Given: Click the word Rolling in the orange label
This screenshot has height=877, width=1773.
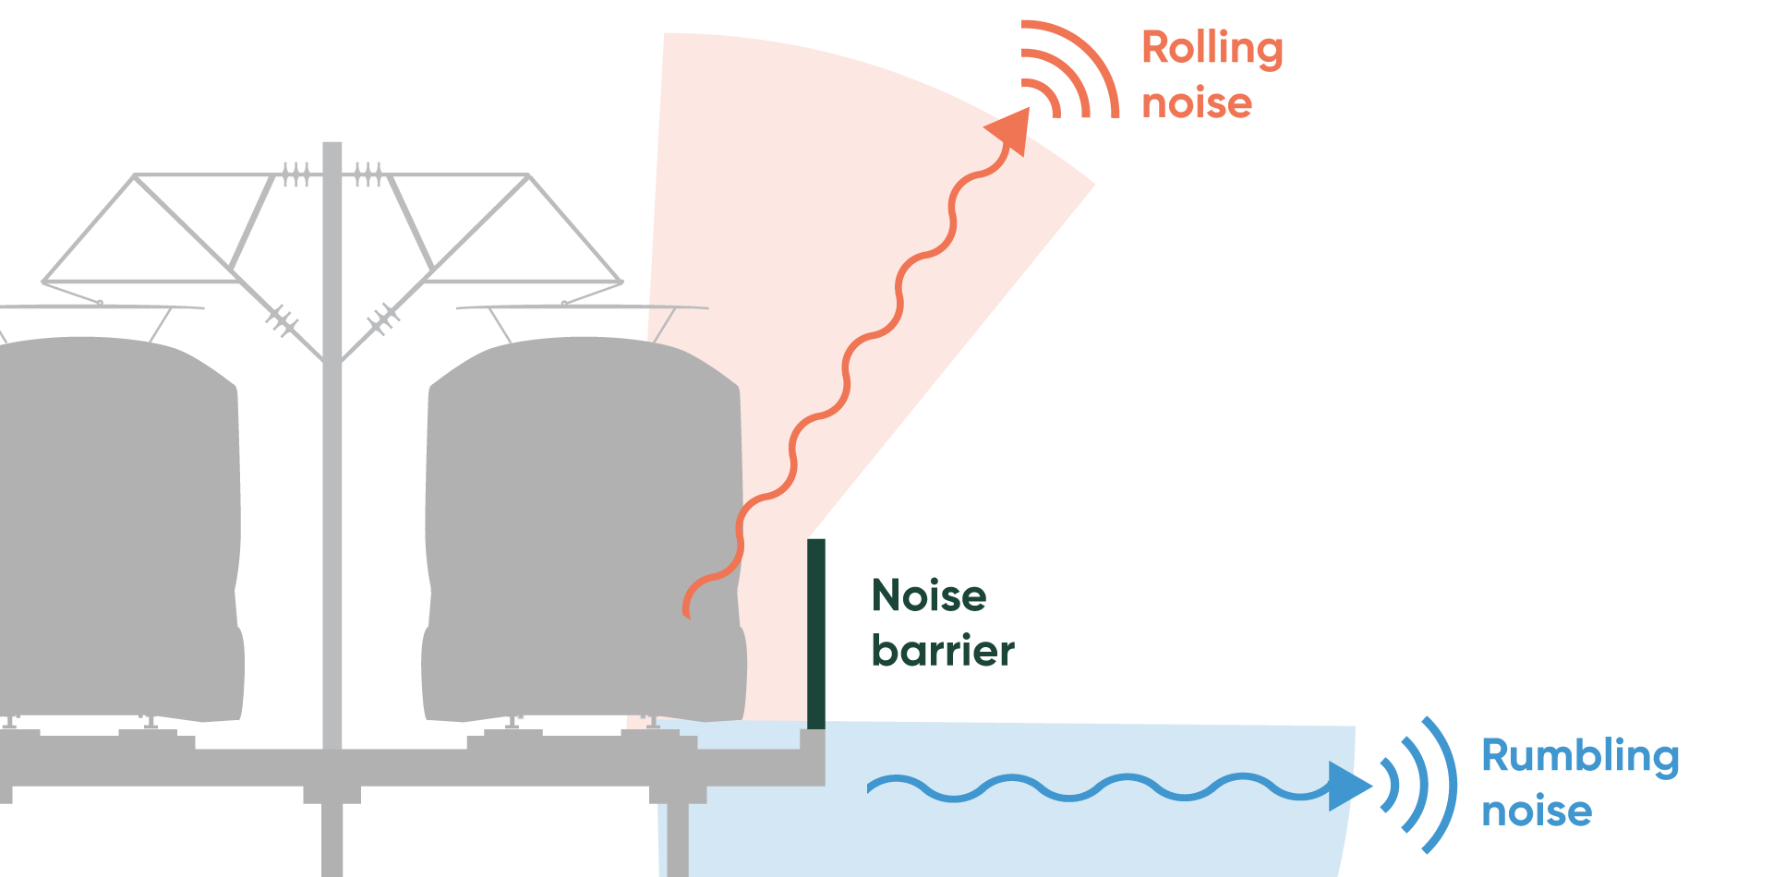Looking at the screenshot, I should (1212, 48).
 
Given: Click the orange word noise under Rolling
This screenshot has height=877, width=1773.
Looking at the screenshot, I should (1197, 102).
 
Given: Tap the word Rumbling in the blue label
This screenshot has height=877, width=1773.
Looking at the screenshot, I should (1580, 756).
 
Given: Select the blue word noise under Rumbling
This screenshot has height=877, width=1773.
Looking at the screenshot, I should (1537, 811).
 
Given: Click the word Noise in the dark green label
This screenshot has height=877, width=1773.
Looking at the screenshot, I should (929, 596).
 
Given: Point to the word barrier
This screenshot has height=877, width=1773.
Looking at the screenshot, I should (943, 651).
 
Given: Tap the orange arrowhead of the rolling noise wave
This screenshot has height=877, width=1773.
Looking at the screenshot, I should (1011, 128).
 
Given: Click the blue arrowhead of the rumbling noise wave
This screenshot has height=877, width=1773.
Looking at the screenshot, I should (1348, 786).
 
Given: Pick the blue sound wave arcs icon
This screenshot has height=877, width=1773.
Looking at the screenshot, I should (1418, 786).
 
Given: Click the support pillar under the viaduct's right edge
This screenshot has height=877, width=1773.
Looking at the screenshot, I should (678, 835).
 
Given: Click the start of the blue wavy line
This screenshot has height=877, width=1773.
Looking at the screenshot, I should (871, 787).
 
